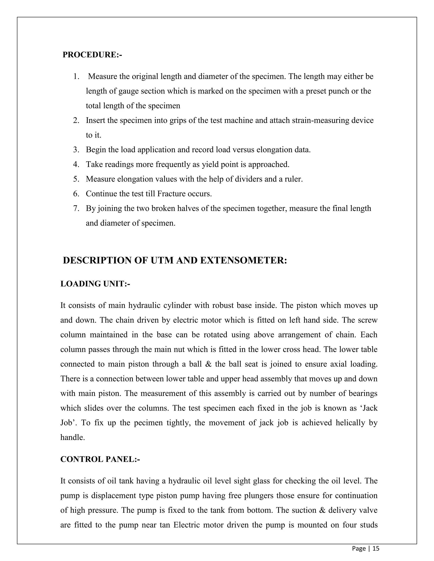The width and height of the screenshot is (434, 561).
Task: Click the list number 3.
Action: [76, 149]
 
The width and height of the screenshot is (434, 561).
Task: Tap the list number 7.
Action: [76, 208]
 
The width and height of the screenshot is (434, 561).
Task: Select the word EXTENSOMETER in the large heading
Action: [243, 260]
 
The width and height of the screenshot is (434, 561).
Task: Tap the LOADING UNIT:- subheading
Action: [95, 284]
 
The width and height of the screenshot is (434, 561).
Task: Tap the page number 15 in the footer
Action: [376, 549]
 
